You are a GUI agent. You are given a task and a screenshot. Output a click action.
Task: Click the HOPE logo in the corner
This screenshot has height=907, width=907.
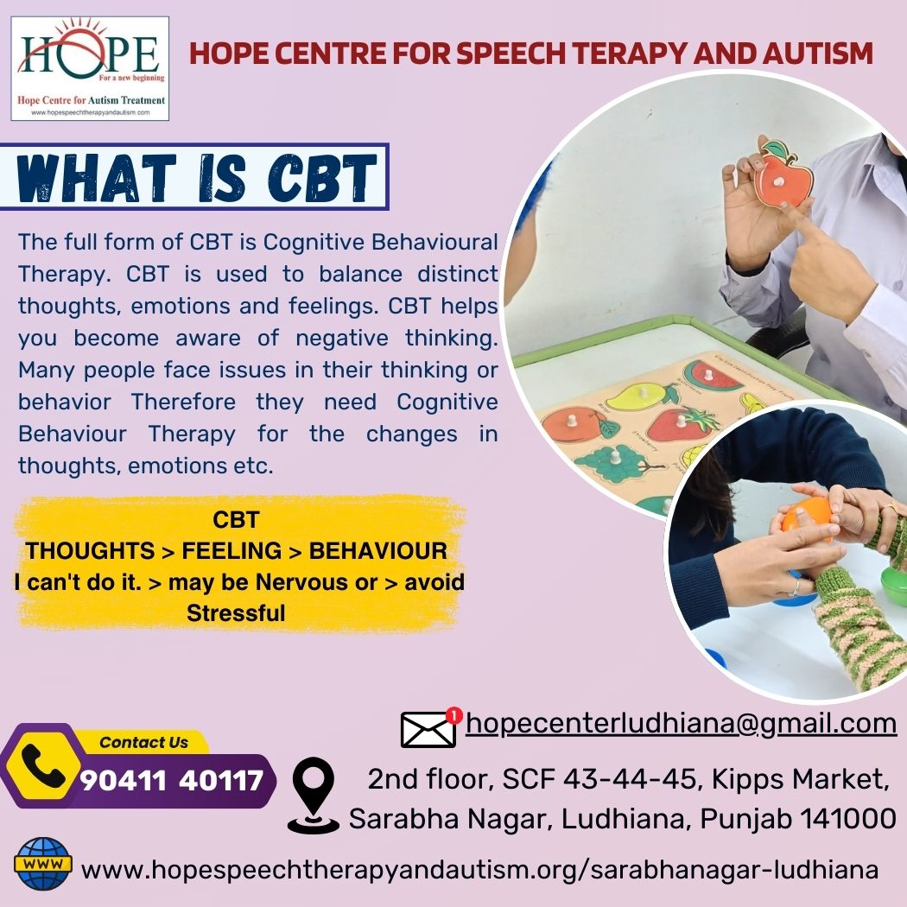(x=90, y=68)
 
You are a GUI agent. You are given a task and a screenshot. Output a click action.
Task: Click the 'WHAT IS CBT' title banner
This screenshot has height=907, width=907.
(x=194, y=176)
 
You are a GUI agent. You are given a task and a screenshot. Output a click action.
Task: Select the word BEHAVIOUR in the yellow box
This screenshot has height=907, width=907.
(x=377, y=551)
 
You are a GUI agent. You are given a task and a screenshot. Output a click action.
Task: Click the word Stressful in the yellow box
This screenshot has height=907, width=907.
(x=236, y=613)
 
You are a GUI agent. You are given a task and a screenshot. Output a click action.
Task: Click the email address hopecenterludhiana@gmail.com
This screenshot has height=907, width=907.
(x=681, y=724)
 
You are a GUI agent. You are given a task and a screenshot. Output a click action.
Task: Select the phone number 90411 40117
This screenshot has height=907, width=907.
(x=172, y=781)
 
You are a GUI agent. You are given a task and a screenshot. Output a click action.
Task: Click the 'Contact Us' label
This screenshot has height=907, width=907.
(x=143, y=742)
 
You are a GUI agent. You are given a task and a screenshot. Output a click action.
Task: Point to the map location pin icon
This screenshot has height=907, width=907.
(x=313, y=795)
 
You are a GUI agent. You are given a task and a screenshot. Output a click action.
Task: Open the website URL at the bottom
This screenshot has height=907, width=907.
(x=479, y=869)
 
